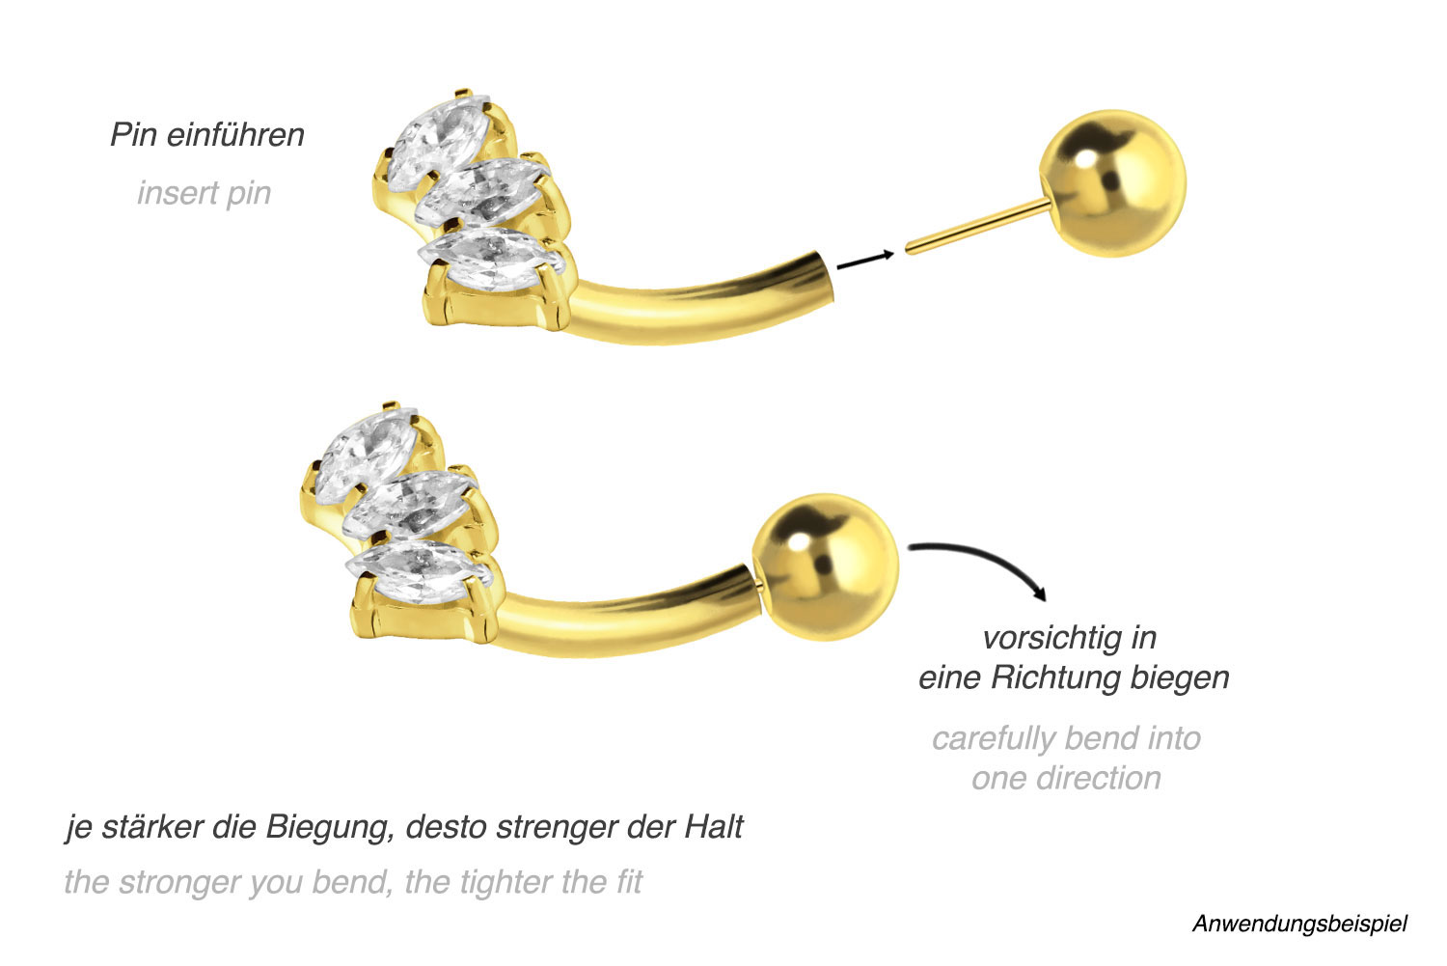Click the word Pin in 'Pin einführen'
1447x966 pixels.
pos(133,135)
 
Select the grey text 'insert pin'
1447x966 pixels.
pos(204,193)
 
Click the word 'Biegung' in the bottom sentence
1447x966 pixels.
pos(327,828)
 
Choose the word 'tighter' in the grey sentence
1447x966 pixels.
pos(511,882)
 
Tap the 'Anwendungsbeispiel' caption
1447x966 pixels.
pos(1299,924)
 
